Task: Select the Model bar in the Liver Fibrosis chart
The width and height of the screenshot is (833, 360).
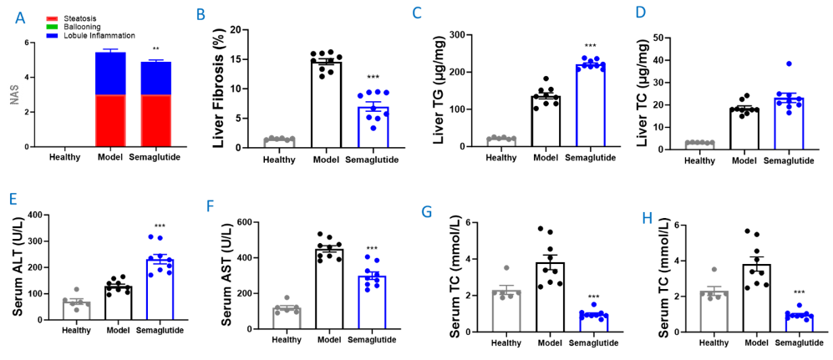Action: coord(326,104)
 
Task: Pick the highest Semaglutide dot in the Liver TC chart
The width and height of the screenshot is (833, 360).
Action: coord(787,64)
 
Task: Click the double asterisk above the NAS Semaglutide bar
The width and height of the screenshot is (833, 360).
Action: coord(155,50)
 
